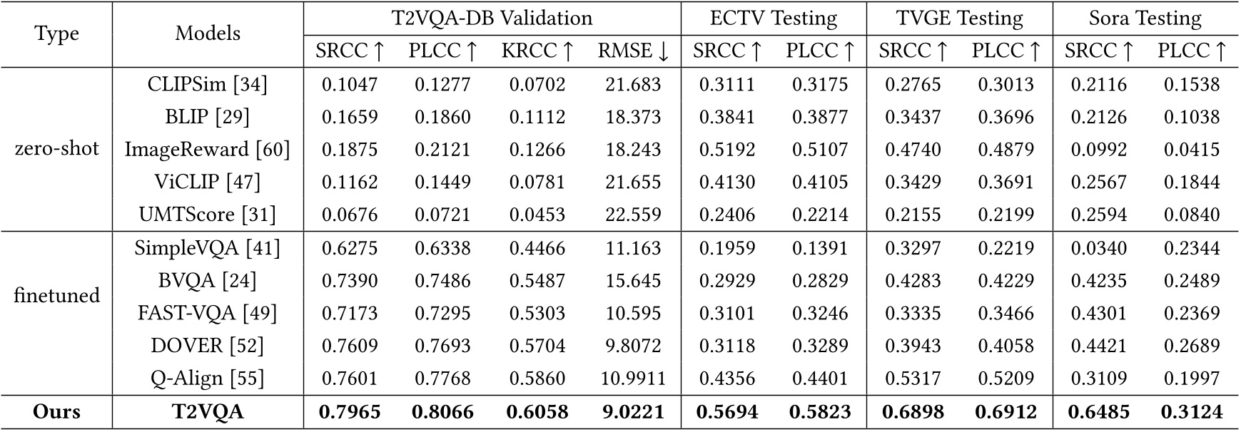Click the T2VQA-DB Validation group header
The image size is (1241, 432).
(492, 18)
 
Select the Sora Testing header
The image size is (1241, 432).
(1145, 18)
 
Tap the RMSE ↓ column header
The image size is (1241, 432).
(633, 51)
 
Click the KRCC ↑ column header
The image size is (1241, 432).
(537, 51)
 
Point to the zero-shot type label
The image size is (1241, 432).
(56, 149)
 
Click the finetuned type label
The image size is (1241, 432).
(56, 295)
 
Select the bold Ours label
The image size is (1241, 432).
(56, 412)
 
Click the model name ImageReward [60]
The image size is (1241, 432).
(207, 149)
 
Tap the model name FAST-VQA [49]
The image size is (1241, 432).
(207, 313)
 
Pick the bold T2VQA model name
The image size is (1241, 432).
(207, 412)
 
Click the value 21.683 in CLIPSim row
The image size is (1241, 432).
(633, 85)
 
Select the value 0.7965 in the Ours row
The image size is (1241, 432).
(350, 412)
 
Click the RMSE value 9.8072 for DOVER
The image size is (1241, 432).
(633, 346)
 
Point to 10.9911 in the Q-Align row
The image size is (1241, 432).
(633, 379)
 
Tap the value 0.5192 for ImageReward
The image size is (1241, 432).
(727, 150)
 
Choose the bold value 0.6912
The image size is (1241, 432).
(1006, 412)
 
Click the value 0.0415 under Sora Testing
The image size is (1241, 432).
(1191, 150)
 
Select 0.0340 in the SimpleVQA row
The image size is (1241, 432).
(1098, 248)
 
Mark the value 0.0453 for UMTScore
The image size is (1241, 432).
(537, 215)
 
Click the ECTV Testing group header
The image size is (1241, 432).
(774, 18)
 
